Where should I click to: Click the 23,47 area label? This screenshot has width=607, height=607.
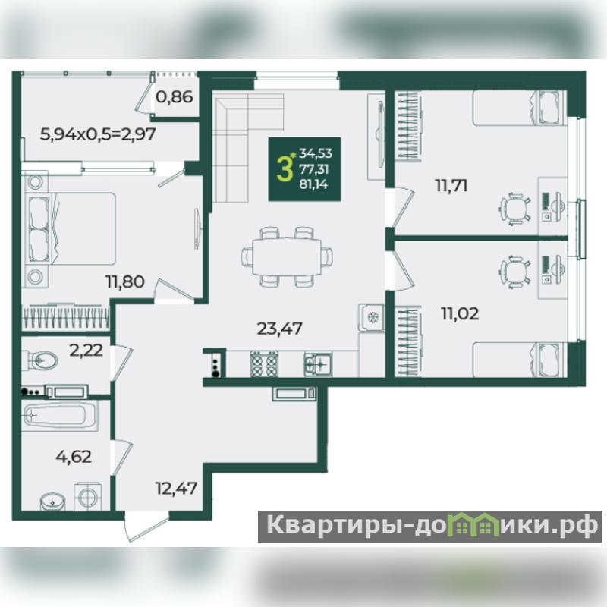click(279, 329)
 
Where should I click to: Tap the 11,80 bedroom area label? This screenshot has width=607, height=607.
click(125, 281)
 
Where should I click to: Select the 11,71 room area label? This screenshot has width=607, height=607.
click(451, 186)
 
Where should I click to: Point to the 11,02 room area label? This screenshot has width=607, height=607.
click(460, 313)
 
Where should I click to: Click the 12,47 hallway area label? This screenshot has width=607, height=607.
click(176, 488)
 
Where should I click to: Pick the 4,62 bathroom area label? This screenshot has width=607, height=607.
click(74, 457)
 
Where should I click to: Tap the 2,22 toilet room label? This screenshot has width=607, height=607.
click(86, 351)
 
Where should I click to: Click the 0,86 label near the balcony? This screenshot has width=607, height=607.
click(175, 97)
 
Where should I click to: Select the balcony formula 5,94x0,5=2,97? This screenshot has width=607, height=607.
click(98, 134)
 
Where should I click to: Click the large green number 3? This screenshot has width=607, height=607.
click(284, 169)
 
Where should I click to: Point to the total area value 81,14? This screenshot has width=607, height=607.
click(313, 184)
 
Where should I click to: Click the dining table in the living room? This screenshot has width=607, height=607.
click(287, 256)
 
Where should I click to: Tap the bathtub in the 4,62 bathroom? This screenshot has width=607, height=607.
click(60, 415)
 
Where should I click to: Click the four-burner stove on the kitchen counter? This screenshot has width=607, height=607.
click(265, 364)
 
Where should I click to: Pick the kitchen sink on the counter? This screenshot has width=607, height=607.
click(318, 364)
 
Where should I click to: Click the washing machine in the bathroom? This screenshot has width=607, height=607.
click(88, 496)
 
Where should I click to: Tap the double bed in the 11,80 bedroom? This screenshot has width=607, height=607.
click(71, 229)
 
